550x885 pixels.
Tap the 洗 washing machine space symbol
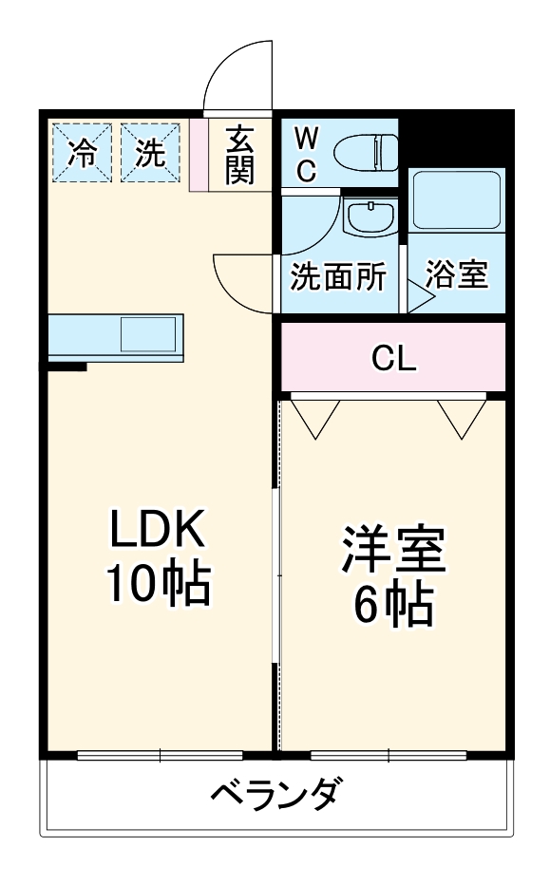(x=149, y=152)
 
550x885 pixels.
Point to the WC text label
(x=305, y=153)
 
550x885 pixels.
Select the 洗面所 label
(x=337, y=276)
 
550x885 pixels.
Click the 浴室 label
(x=456, y=276)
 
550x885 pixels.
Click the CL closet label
(x=393, y=358)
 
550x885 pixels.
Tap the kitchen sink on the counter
(x=148, y=334)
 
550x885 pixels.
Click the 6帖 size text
(x=393, y=605)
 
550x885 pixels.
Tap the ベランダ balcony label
(x=275, y=793)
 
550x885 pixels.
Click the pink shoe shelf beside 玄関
(x=199, y=155)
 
